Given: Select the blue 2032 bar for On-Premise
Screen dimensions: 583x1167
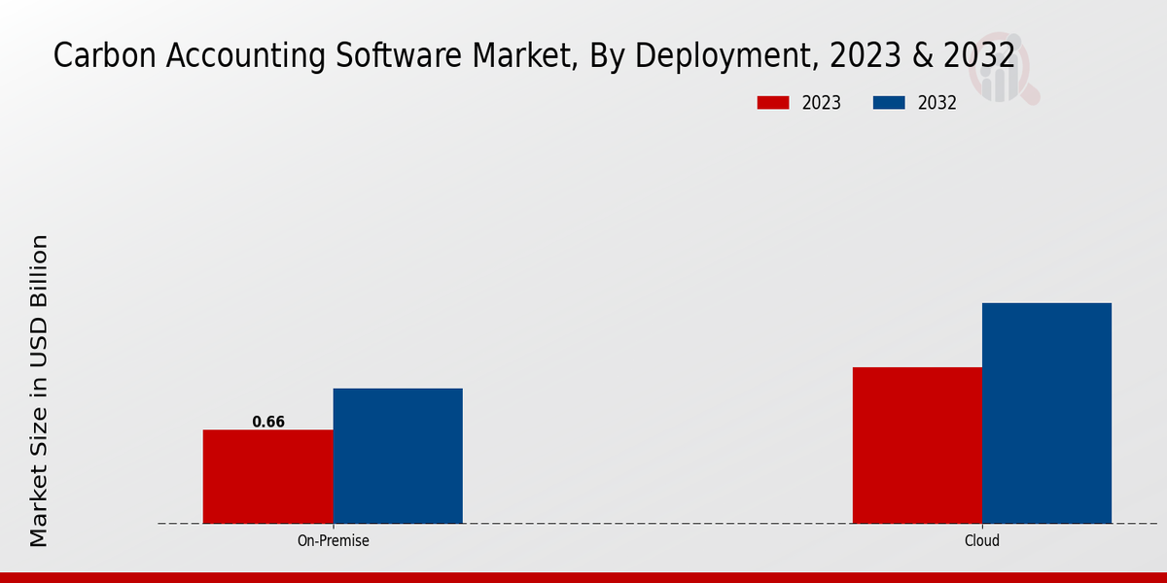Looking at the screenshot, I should tap(398, 456).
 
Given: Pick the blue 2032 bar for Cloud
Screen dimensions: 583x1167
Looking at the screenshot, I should tap(1046, 413).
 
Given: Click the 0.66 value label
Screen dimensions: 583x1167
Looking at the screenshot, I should tap(268, 422).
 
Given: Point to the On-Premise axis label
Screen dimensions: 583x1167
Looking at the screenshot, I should tap(333, 541).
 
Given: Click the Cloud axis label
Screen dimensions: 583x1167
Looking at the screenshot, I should tap(982, 541).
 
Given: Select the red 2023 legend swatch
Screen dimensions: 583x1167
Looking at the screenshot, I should tap(773, 103).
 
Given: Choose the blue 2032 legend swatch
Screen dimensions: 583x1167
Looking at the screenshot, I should tap(889, 103).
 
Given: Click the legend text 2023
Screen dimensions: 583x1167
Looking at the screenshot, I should tap(822, 103).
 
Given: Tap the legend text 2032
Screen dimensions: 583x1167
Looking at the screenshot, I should tap(937, 103).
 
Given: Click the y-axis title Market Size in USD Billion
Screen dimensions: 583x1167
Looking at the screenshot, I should tap(39, 391).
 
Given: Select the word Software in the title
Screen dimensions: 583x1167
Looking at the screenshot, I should tap(383, 56).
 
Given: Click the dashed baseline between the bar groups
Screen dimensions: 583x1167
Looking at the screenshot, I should tap(657, 524).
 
